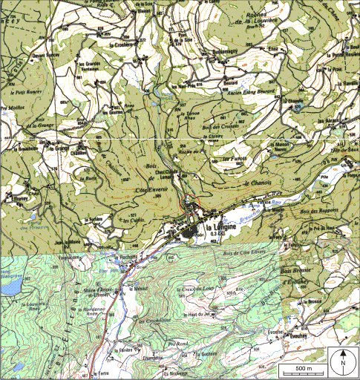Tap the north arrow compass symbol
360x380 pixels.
click(x=342, y=362)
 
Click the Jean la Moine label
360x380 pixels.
click(x=67, y=242)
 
